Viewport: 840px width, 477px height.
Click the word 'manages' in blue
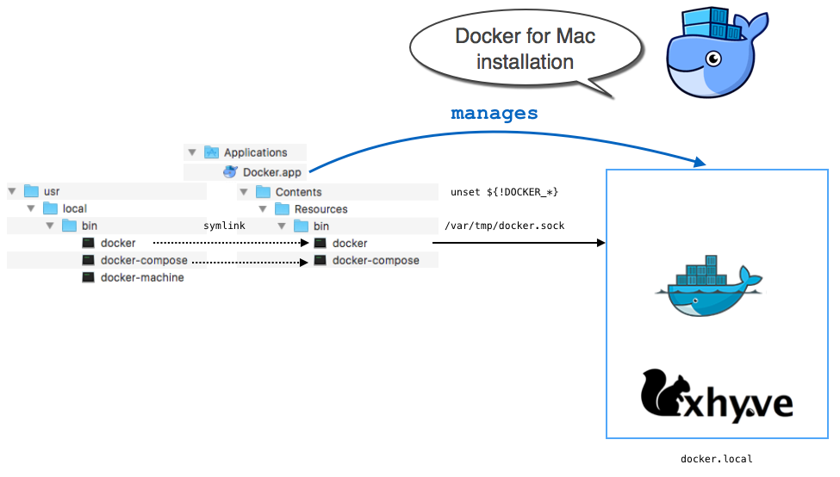[x=495, y=114]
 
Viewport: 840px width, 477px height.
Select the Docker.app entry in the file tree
[x=271, y=172]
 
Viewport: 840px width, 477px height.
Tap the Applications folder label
[x=255, y=152]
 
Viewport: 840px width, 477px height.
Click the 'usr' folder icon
[x=32, y=191]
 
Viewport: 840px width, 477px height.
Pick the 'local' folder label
[x=75, y=208]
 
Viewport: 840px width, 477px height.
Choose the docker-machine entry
[x=142, y=277]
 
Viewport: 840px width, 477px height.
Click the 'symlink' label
[x=224, y=226]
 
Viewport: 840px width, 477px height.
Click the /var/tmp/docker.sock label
[x=504, y=226]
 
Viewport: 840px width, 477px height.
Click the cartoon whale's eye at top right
[x=713, y=59]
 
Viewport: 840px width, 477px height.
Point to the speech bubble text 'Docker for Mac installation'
[x=526, y=49]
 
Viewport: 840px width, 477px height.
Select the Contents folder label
[x=298, y=192]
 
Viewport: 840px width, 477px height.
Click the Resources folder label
[x=320, y=209]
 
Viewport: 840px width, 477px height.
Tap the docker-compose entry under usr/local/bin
[x=144, y=260]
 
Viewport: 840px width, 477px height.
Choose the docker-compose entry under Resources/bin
[x=376, y=260]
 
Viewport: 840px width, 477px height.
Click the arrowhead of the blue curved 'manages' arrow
[x=700, y=163]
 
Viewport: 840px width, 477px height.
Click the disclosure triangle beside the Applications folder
[x=192, y=152]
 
